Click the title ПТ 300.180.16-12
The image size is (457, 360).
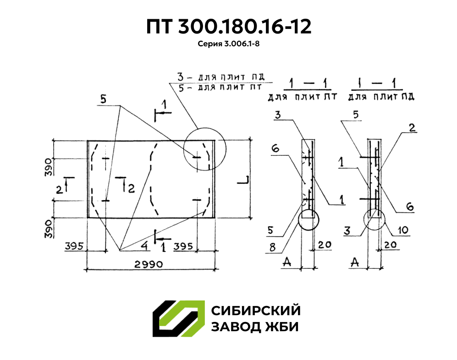coord(228,27)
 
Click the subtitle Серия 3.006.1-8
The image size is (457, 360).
coord(228,44)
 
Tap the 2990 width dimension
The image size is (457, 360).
coord(149,264)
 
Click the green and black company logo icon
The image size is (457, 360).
coord(179,319)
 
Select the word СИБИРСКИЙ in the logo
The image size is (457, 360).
coord(256,311)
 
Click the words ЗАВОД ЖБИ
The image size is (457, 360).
coord(255,327)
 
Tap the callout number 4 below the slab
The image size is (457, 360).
coord(144,245)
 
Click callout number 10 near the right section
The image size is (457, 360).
coord(403,230)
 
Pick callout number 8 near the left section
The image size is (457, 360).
coord(272,247)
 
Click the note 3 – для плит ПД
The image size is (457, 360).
coord(221,77)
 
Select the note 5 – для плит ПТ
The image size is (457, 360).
coord(220,87)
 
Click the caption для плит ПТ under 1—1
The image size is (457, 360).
coord(302,96)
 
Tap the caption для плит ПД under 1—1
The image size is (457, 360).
coord(381,96)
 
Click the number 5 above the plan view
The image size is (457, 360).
coord(104,99)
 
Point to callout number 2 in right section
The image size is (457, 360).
coord(412,128)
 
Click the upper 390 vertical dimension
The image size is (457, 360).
coord(49,167)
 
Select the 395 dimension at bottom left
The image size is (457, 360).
coord(74,246)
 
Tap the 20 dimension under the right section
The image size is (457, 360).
coord(391,245)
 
